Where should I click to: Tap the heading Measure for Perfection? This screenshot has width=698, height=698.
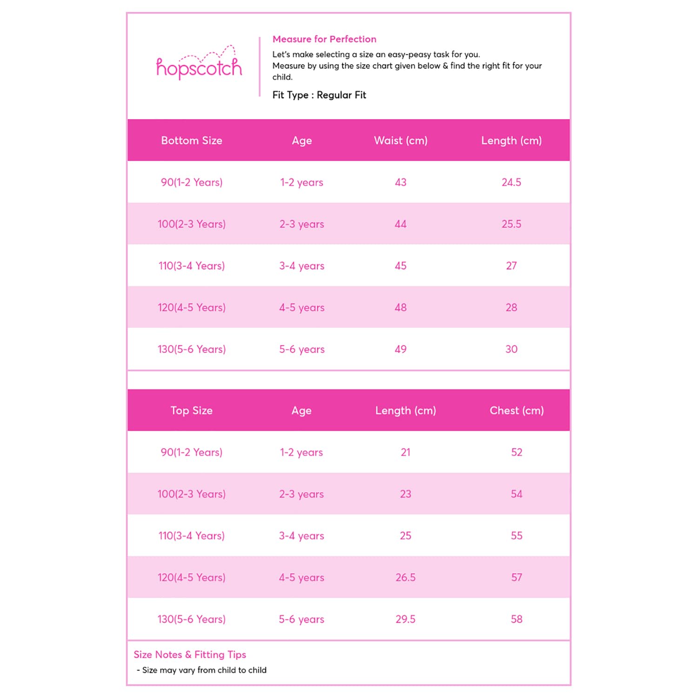(324, 39)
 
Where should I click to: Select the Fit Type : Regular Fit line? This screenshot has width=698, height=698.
(319, 95)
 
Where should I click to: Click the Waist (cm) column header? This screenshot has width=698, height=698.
(401, 141)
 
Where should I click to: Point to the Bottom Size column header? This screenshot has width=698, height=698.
(191, 141)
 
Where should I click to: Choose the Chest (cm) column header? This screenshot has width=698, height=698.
(517, 410)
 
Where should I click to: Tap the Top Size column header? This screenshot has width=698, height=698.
(191, 410)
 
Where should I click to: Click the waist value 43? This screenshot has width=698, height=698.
(401, 182)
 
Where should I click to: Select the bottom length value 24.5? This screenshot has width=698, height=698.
(511, 182)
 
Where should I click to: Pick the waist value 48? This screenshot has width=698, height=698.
(401, 308)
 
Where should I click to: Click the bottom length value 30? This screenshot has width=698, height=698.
(511, 349)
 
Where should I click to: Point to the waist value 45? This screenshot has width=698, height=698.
(401, 266)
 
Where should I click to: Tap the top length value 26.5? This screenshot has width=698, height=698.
(405, 577)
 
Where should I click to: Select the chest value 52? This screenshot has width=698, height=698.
(517, 452)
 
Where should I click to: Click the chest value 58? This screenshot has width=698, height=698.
(517, 619)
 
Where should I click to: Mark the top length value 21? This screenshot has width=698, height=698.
(405, 452)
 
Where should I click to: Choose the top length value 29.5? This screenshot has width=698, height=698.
(405, 619)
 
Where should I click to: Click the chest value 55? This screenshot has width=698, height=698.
(517, 536)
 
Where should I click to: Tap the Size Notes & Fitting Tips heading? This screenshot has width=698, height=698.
(190, 655)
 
